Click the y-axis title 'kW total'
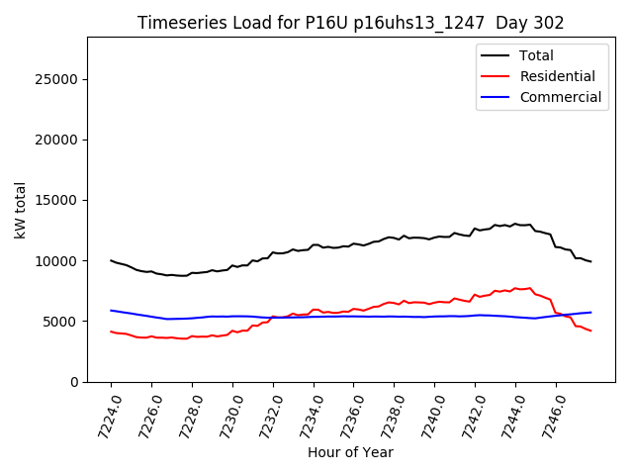point(21,210)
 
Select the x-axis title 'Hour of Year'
point(350,452)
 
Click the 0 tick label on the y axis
point(74,382)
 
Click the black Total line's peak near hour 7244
point(515,224)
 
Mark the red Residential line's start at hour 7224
point(111,332)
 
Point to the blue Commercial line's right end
point(590,313)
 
